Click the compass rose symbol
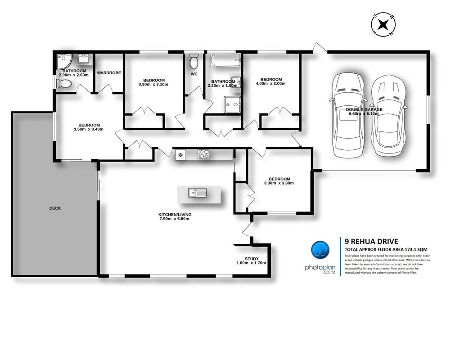click(x=383, y=24)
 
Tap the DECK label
click(x=55, y=208)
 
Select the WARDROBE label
click(x=109, y=73)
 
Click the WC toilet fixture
click(x=194, y=61)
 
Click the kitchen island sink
click(x=197, y=193)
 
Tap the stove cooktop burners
click(x=203, y=154)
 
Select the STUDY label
click(x=252, y=259)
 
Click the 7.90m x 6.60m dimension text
click(x=175, y=219)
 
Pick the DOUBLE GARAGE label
click(x=364, y=110)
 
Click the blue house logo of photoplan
click(x=320, y=249)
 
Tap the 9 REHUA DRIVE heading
click(x=371, y=241)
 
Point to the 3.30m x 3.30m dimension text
click(x=279, y=183)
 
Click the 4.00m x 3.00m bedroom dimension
click(x=271, y=84)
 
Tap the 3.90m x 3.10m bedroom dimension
click(x=153, y=85)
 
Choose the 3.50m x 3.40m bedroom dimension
click(x=89, y=130)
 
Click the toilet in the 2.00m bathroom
click(x=63, y=84)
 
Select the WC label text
click(x=194, y=74)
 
